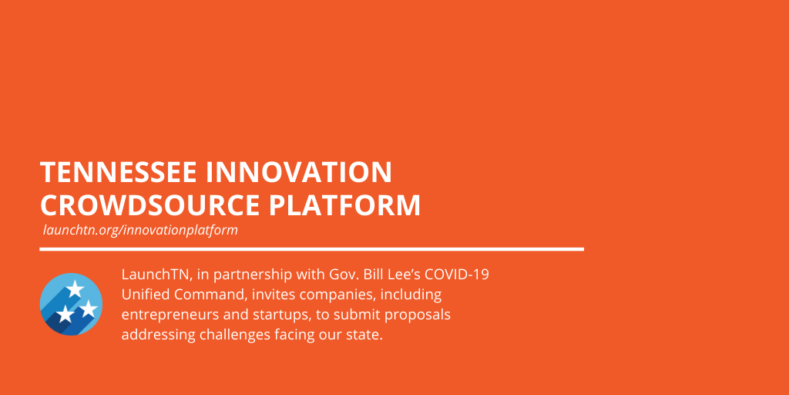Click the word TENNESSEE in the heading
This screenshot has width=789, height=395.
[x=118, y=172]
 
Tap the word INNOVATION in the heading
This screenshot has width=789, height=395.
[x=299, y=172]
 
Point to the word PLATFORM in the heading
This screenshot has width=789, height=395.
[x=344, y=205]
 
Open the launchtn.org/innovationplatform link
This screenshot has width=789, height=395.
[x=140, y=230]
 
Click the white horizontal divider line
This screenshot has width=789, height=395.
[x=311, y=249]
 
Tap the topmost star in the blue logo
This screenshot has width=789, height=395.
[x=75, y=289]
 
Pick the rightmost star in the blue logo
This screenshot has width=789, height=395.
[x=89, y=309]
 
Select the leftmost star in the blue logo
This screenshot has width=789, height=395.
[x=65, y=314]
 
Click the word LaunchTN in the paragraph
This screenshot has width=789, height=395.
[x=156, y=275]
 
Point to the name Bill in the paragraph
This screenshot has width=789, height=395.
[x=381, y=275]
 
